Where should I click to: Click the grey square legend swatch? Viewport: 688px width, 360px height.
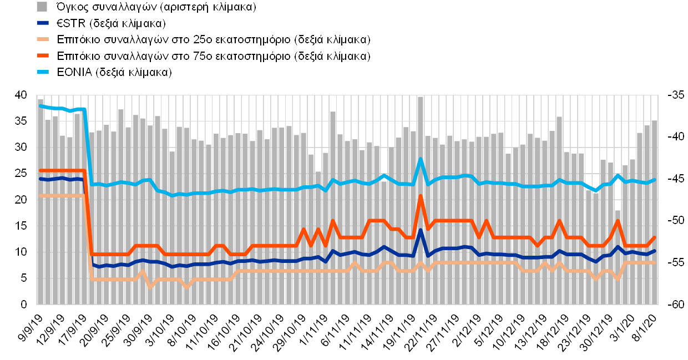(42, 7)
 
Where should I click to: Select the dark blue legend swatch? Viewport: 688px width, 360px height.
(43, 23)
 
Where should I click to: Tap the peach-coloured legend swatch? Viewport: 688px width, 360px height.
(43, 39)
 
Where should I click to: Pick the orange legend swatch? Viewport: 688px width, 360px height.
(43, 56)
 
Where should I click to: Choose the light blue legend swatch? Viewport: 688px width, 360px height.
(43, 72)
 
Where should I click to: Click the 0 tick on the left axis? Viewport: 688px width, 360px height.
(23, 305)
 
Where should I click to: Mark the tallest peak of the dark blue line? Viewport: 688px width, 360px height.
(421, 230)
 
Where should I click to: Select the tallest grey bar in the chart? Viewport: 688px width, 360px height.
(421, 200)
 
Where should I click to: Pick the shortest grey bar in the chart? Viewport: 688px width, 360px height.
(617, 257)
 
